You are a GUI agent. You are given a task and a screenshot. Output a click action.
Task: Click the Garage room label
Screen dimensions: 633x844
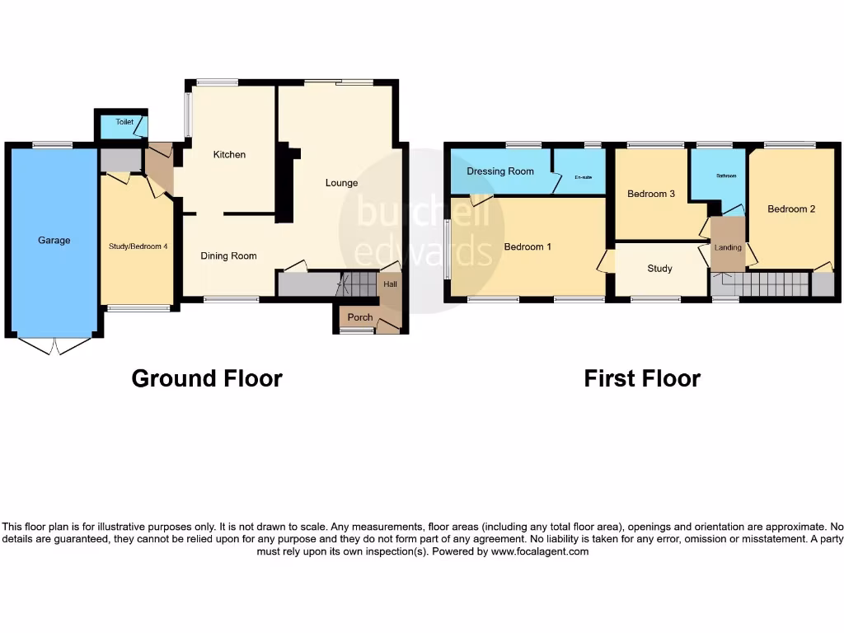click(54, 241)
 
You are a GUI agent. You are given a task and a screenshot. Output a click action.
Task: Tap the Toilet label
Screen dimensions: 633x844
click(124, 122)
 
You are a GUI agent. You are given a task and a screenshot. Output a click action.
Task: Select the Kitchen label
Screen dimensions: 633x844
click(229, 154)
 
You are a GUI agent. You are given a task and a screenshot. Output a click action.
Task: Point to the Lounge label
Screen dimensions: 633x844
click(341, 182)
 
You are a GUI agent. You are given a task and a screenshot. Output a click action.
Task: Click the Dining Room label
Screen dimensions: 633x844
click(229, 256)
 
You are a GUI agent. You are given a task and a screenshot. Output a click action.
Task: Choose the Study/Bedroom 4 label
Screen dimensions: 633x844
click(138, 246)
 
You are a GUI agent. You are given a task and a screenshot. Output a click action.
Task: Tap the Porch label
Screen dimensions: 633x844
click(360, 317)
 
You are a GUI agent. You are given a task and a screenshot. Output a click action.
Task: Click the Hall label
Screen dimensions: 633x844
click(390, 284)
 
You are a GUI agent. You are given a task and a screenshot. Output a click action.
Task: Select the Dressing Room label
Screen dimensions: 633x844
click(500, 171)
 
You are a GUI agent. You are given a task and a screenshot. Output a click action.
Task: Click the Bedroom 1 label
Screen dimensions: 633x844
click(527, 246)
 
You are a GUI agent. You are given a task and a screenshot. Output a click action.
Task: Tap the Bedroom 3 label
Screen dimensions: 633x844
click(651, 194)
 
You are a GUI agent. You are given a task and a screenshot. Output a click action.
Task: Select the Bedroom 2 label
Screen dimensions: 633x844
click(791, 209)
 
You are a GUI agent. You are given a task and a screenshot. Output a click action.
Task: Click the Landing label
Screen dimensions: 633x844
click(729, 247)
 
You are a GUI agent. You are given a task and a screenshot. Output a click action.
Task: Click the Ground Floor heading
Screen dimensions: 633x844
click(207, 378)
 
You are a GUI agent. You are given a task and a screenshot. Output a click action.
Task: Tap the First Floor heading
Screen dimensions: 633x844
click(642, 378)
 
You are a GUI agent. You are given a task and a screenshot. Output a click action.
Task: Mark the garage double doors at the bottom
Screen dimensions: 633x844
click(54, 346)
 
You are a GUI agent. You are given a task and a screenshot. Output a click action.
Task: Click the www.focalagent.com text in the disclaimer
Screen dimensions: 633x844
click(540, 551)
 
